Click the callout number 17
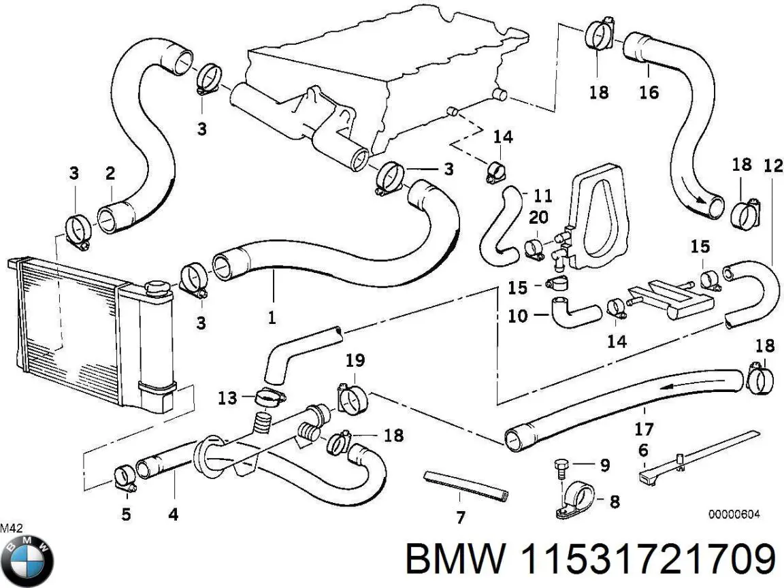click(x=643, y=429)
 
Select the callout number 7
click(x=461, y=519)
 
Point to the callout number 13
click(x=227, y=397)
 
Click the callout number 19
click(x=355, y=360)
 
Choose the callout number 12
click(x=773, y=165)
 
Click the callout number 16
click(x=649, y=91)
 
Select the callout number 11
click(x=542, y=197)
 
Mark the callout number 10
click(x=518, y=316)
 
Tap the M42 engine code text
click(x=10, y=527)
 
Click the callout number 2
click(x=110, y=174)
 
